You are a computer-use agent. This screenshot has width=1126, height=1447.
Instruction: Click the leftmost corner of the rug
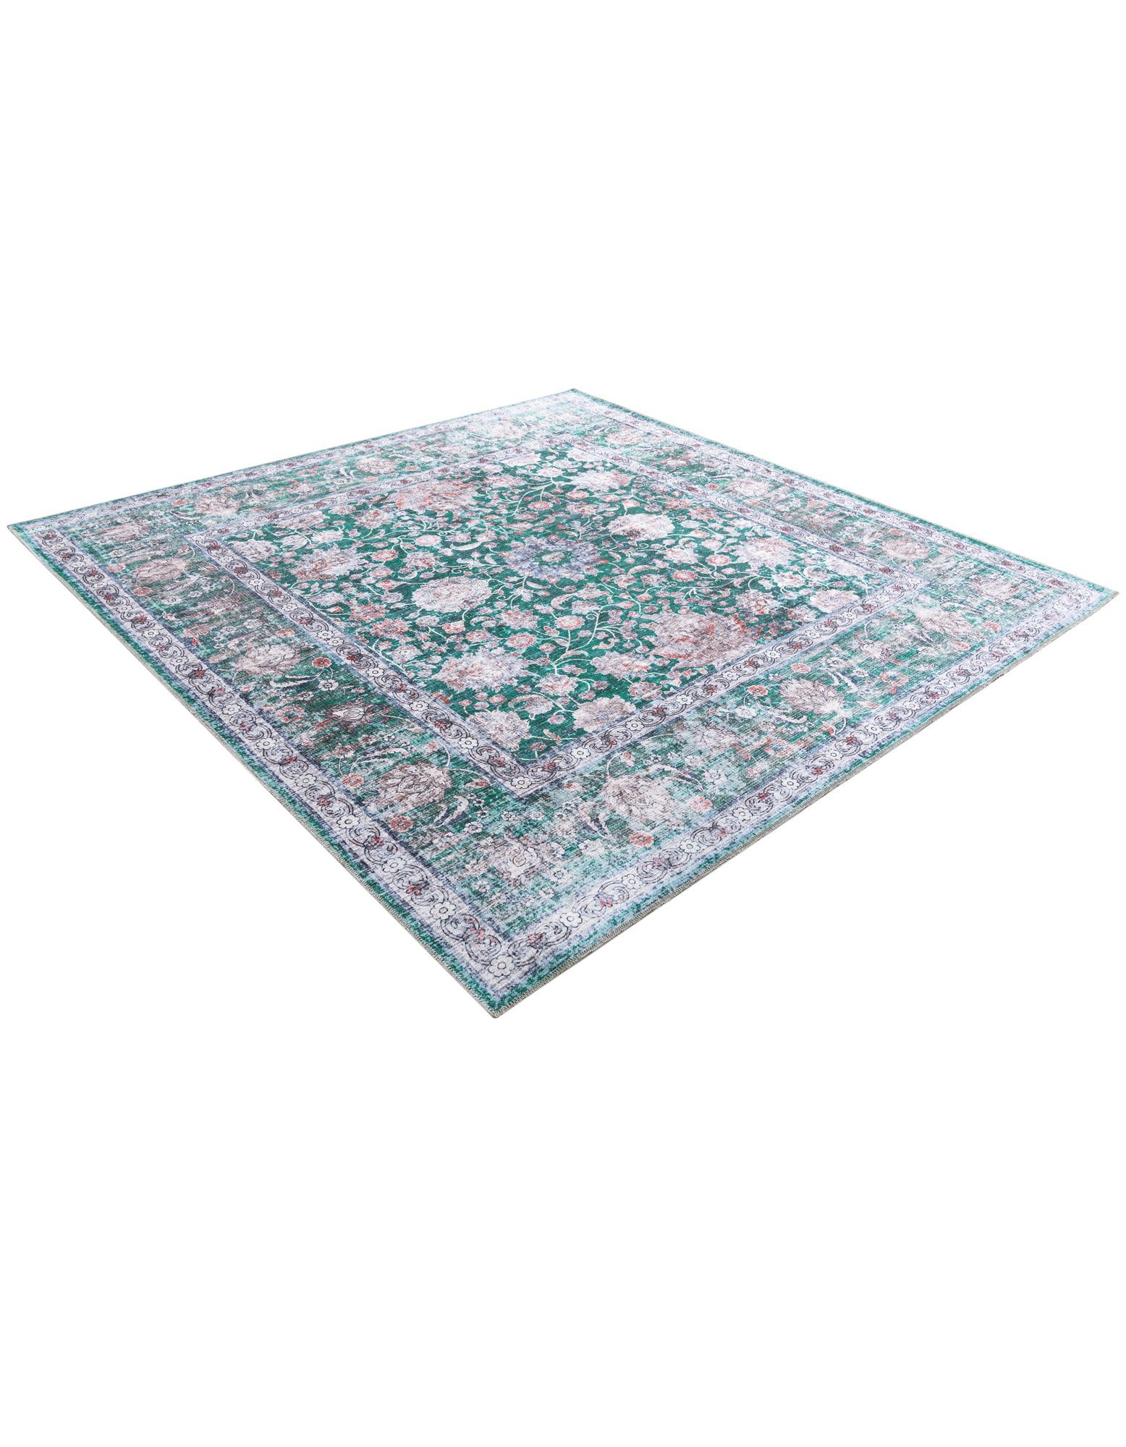pos(10,530)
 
